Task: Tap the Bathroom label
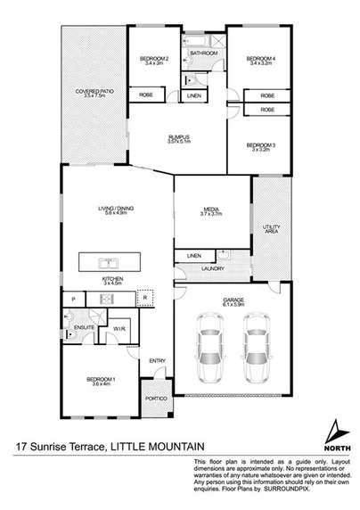pyautogui.click(x=204, y=53)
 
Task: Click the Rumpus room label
pyautogui.click(x=179, y=137)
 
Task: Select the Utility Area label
pyautogui.click(x=273, y=229)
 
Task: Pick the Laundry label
pyautogui.click(x=212, y=267)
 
